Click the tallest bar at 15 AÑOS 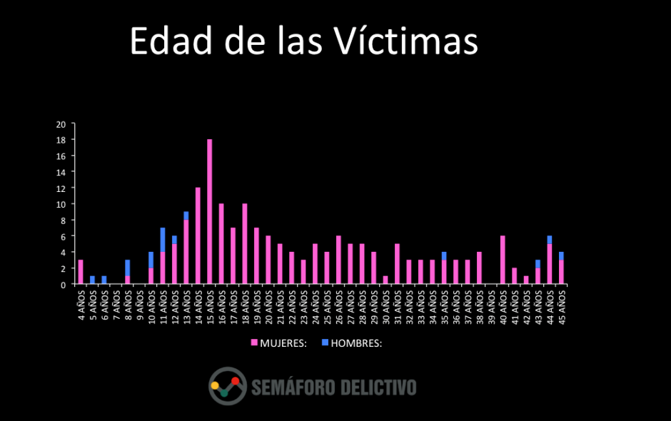pyautogui.click(x=209, y=212)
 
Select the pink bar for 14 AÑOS pyautogui.click(x=198, y=236)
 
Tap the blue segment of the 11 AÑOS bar pyautogui.click(x=163, y=240)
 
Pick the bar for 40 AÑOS pyautogui.click(x=503, y=260)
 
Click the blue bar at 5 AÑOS pyautogui.click(x=93, y=280)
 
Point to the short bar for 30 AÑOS pyautogui.click(x=385, y=280)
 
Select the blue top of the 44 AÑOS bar pyautogui.click(x=550, y=240)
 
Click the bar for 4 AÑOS pyautogui.click(x=81, y=273)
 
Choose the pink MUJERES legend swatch pyautogui.click(x=254, y=343)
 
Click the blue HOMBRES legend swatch pyautogui.click(x=325, y=343)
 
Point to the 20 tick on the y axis pyautogui.click(x=61, y=124)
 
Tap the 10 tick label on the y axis pyautogui.click(x=61, y=204)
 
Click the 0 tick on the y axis pyautogui.click(x=64, y=285)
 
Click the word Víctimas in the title pyautogui.click(x=406, y=41)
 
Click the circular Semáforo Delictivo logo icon pyautogui.click(x=228, y=386)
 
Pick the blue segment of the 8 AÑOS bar pyautogui.click(x=128, y=268)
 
